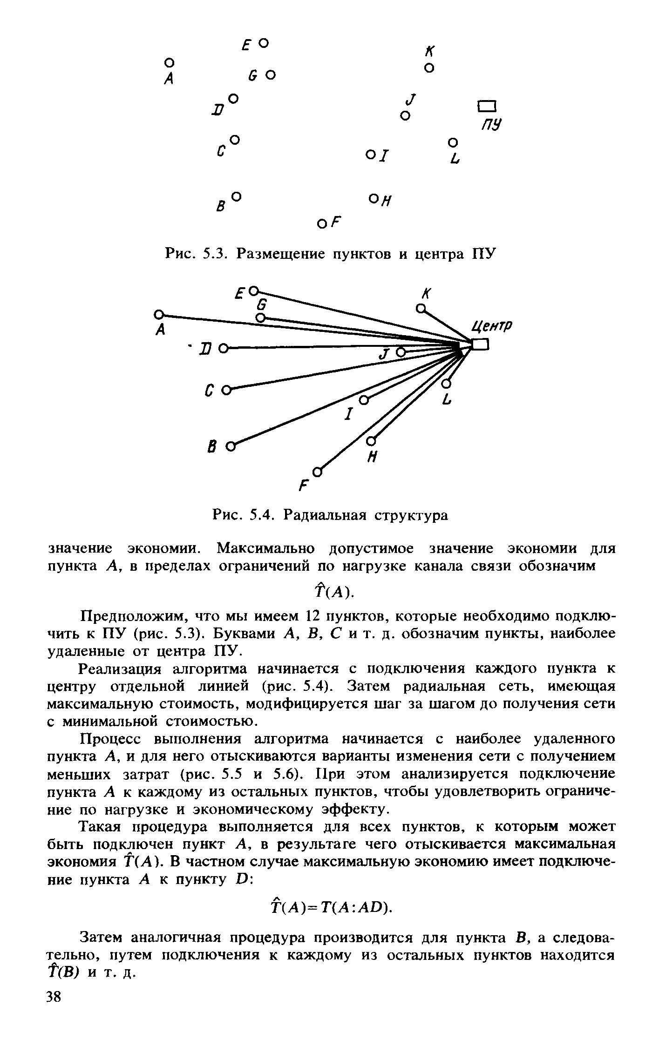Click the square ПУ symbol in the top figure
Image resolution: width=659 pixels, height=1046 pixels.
pos(487,106)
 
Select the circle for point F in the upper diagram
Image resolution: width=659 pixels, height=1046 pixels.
pos(321,224)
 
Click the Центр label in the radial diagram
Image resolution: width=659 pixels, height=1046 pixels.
pos(492,326)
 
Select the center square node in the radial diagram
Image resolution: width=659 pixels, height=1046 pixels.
pos(480,344)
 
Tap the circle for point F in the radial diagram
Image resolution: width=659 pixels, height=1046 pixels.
pos(317,472)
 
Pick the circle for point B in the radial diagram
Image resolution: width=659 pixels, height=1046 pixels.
pos(230,447)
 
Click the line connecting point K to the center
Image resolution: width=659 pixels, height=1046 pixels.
pos(447,324)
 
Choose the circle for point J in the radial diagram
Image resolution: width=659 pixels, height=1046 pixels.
pos(400,352)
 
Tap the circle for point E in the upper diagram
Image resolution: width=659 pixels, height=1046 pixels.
pos(264,43)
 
